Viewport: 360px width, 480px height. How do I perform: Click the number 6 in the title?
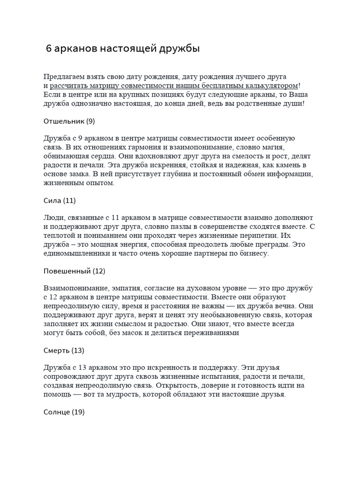click(x=49, y=49)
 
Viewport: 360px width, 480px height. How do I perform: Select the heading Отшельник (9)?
click(x=69, y=121)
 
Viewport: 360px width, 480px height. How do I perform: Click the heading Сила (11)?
click(x=59, y=201)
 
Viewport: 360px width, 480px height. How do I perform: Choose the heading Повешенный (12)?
click(x=74, y=271)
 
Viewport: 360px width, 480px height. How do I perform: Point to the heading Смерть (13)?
click(x=63, y=351)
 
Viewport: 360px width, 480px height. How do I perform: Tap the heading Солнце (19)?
click(x=64, y=412)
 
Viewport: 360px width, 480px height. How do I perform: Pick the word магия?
click(x=282, y=147)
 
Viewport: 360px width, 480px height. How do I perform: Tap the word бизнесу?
click(x=253, y=254)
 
